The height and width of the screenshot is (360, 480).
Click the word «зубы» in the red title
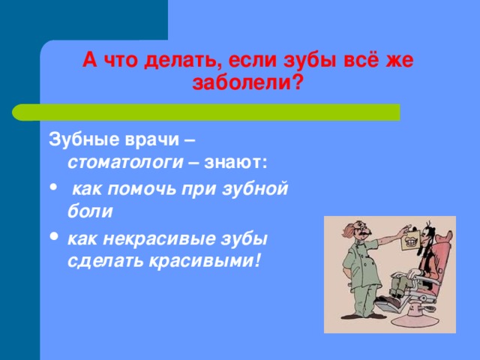[310, 61]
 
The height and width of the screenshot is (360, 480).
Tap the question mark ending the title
[296, 82]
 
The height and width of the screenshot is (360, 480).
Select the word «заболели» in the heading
[241, 82]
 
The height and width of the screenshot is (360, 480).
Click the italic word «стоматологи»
[125, 163]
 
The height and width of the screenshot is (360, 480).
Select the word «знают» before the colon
[233, 163]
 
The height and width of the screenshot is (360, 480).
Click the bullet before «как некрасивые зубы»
[54, 236]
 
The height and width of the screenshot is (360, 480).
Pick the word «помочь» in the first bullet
[142, 190]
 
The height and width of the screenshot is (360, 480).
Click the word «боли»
[90, 211]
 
